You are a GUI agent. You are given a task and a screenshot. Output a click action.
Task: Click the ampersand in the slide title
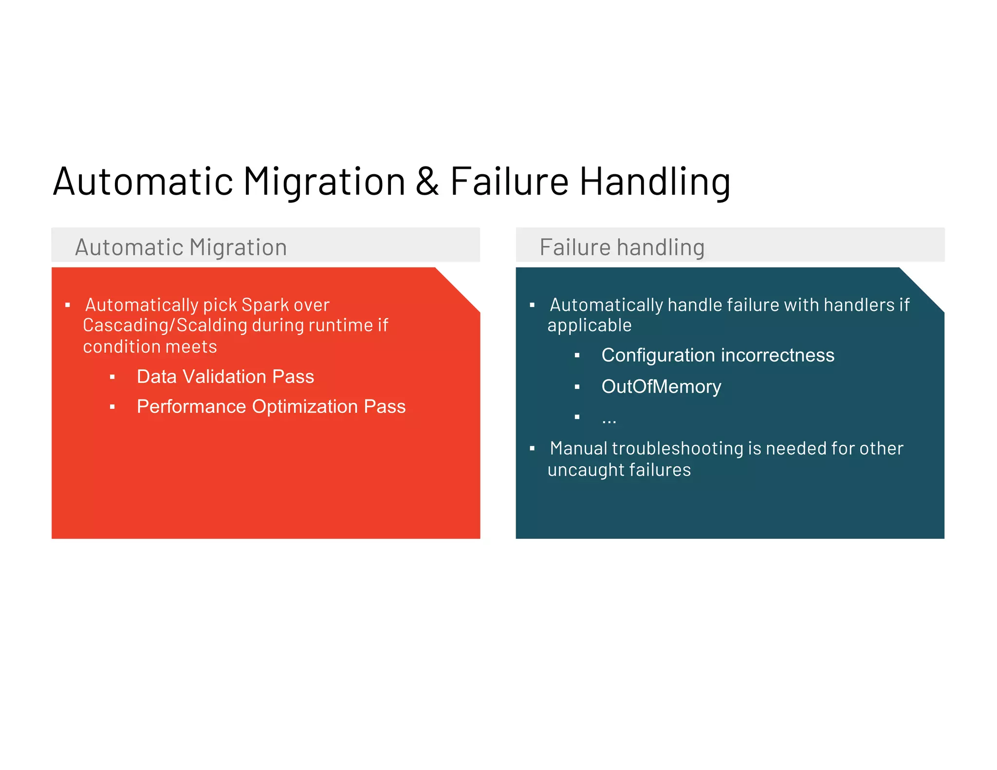427,182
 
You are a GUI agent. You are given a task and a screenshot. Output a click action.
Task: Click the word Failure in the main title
509,182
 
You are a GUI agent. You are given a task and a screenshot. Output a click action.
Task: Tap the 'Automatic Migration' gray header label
181,247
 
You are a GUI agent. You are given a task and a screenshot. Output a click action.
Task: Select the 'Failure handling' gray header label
622,247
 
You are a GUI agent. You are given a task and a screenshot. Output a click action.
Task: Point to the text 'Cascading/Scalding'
165,325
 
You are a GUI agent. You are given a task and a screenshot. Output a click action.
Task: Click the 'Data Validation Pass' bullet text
225,377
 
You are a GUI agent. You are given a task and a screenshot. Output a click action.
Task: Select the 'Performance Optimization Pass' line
271,406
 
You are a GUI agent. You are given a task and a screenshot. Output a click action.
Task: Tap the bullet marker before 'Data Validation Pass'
112,377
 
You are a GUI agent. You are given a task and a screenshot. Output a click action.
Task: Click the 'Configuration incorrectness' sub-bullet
718,355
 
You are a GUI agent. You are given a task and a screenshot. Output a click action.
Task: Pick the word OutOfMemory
661,386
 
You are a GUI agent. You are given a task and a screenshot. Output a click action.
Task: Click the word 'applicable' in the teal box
589,325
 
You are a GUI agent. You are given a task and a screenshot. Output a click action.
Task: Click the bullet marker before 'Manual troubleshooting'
532,448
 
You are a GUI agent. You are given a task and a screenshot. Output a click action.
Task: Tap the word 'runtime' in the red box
344,325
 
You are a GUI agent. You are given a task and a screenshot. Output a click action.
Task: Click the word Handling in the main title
655,182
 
